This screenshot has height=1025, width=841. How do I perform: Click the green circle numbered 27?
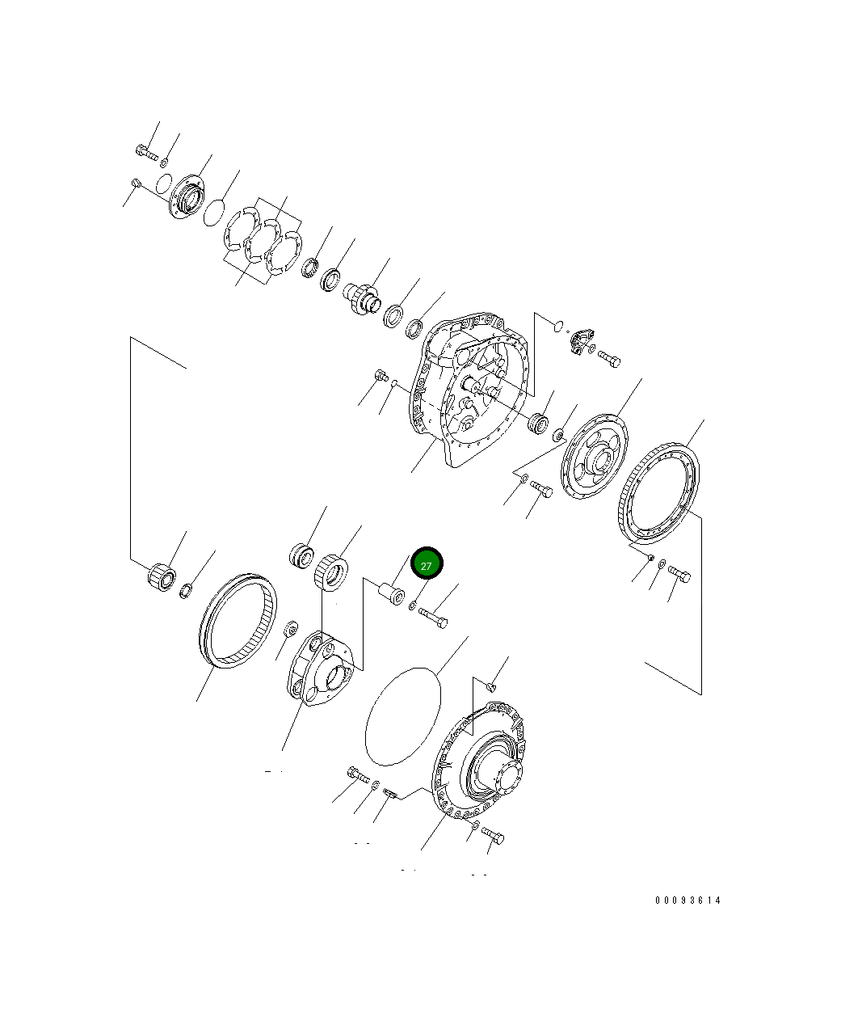426,563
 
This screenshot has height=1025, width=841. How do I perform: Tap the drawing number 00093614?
688,900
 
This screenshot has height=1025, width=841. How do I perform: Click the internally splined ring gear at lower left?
238,621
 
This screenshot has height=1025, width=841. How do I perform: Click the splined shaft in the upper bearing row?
361,298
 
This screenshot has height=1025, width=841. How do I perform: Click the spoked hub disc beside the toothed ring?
594,457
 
